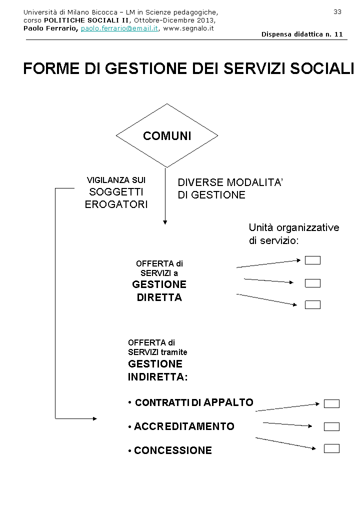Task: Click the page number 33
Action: coord(337,11)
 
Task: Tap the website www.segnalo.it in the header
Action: coord(188,28)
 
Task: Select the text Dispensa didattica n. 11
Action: coord(302,34)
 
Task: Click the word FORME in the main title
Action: coord(50,69)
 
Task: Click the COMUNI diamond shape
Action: coord(167,136)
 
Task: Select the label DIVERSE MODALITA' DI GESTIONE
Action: coord(230,188)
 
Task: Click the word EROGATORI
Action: coord(116,204)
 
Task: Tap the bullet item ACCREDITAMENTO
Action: coord(184,426)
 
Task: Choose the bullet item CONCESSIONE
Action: coord(173,450)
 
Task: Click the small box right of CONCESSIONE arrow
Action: coord(331,448)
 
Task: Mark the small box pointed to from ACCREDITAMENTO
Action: coord(331,426)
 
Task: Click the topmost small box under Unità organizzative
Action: coord(312,260)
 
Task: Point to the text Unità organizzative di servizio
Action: coord(293,233)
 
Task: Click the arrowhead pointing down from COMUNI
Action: coord(165,222)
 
